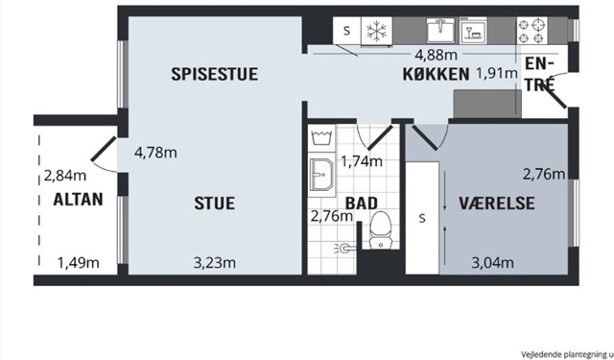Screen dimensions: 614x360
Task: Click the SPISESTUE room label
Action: [215, 74]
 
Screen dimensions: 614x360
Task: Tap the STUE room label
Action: [215, 204]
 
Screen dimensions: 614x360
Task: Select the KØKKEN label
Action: [436, 74]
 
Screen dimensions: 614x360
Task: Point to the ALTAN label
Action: [79, 200]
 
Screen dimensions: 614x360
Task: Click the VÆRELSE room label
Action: [497, 204]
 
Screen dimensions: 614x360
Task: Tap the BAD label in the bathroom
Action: [362, 204]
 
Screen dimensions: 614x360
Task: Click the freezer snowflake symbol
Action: [376, 31]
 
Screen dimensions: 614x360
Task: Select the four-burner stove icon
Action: [532, 31]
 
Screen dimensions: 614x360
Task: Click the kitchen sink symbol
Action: [440, 30]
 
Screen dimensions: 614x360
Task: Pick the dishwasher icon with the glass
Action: [473, 31]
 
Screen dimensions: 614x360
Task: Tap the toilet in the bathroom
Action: [381, 230]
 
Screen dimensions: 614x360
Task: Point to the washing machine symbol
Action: [321, 138]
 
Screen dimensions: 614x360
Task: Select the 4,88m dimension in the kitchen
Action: [436, 56]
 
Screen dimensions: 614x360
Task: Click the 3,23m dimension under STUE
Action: [215, 263]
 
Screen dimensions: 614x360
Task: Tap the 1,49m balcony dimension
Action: [79, 263]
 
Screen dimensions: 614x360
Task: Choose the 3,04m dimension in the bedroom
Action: [492, 263]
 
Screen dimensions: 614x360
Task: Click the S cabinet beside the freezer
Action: [347, 31]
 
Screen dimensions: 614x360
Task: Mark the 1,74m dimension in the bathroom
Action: [362, 161]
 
